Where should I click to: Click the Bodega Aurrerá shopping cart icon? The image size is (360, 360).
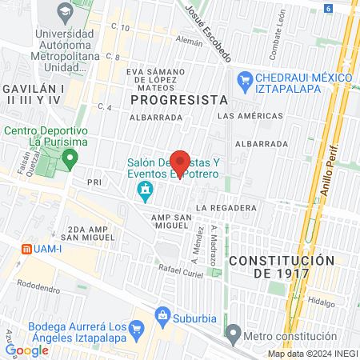(136, 327)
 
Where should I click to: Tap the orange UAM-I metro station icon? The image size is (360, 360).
(26, 248)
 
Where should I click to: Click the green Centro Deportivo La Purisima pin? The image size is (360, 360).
(70, 156)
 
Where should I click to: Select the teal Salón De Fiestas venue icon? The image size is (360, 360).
(146, 190)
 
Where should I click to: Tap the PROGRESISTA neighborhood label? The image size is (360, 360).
(178, 100)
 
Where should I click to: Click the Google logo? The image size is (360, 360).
(26, 350)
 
